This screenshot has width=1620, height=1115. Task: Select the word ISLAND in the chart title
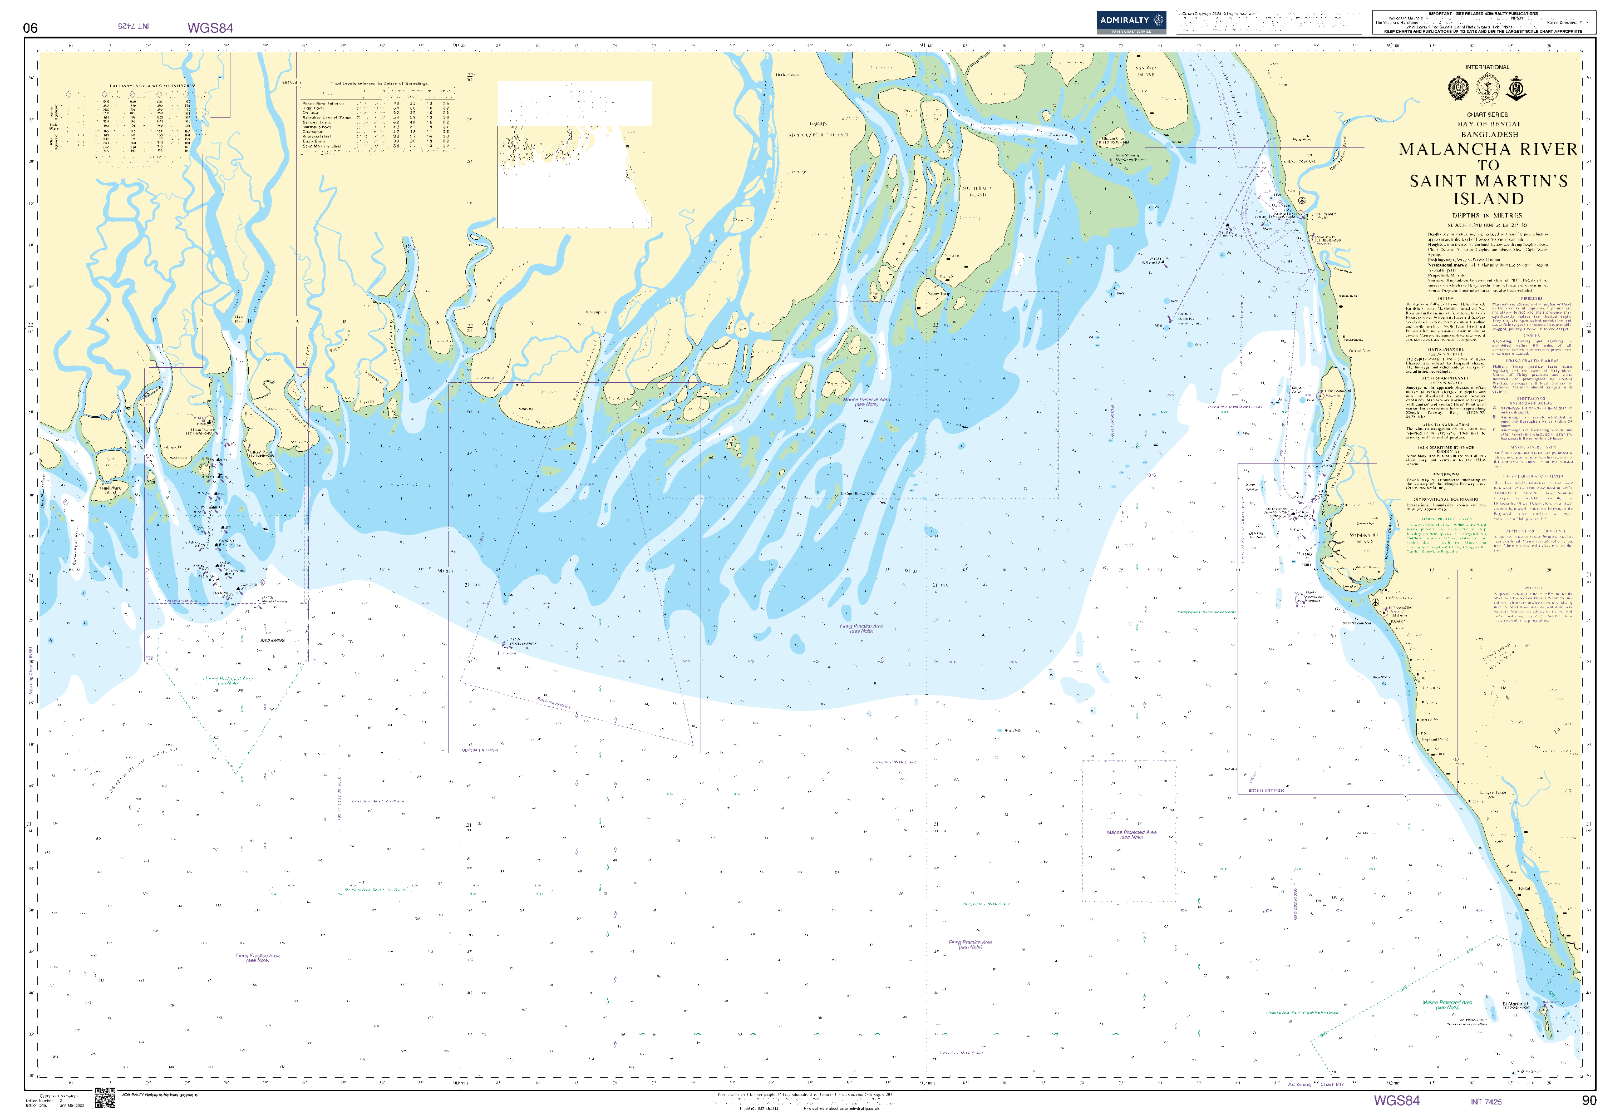(x=1488, y=199)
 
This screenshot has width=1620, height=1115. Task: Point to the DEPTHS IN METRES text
(x=1486, y=216)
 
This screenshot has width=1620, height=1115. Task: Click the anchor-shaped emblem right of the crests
(x=1516, y=88)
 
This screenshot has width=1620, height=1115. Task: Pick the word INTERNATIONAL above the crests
(x=1487, y=67)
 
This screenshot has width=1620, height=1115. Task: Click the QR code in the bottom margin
(x=105, y=1098)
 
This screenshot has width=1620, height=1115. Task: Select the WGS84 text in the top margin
(x=210, y=28)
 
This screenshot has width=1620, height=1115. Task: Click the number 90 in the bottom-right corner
(x=1589, y=1101)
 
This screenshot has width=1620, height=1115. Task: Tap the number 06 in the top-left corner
(x=30, y=28)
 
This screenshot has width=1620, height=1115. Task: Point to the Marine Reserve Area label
(x=866, y=402)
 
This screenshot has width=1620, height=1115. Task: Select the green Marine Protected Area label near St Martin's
(x=1447, y=1004)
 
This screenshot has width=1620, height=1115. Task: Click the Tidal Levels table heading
(x=378, y=83)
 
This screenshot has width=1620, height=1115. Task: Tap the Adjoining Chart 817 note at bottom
(x=1316, y=1085)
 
